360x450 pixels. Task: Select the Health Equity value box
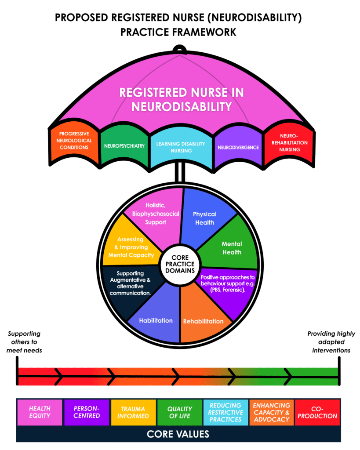[x=40, y=412]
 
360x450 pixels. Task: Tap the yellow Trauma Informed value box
[x=133, y=412]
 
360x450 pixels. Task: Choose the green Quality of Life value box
[x=179, y=412]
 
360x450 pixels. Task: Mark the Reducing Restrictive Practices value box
[x=225, y=412]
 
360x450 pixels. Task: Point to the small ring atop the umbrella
[x=179, y=49]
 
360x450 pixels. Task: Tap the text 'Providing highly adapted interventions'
[x=331, y=342]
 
